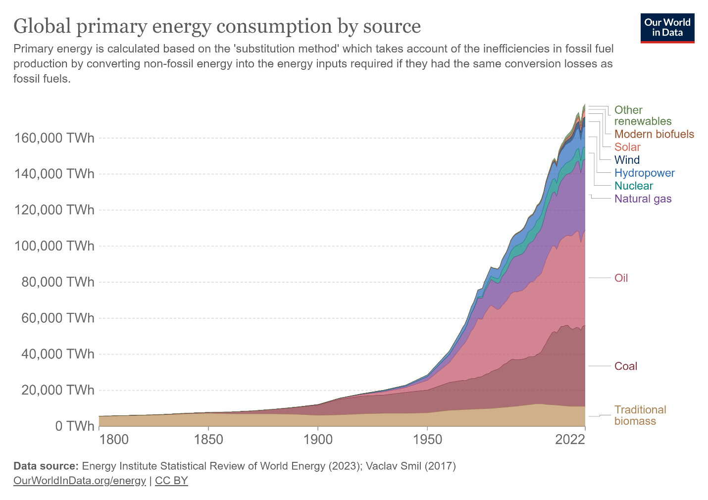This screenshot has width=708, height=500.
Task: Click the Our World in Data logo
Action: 667,28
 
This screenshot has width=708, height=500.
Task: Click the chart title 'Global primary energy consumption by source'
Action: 217,26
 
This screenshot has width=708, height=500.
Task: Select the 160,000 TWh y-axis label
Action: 54,138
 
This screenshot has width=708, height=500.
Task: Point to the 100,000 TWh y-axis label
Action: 54,246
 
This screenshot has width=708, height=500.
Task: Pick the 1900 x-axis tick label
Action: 318,440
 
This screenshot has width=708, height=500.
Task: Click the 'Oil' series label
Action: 621,278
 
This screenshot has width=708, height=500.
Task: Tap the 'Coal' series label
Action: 625,366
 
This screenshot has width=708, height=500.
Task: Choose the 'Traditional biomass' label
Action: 640,415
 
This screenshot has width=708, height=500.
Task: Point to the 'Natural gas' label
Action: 643,199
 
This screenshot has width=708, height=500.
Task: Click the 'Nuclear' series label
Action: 633,186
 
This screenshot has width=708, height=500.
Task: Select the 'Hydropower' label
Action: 644,173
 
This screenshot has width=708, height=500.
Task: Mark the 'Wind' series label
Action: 627,160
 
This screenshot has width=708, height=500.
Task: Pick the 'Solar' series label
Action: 627,147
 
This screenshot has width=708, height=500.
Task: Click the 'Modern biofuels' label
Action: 654,134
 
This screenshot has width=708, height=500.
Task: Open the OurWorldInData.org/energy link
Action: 80,481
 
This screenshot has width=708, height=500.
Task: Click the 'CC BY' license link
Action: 171,481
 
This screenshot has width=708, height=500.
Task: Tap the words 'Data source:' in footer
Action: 46,466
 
